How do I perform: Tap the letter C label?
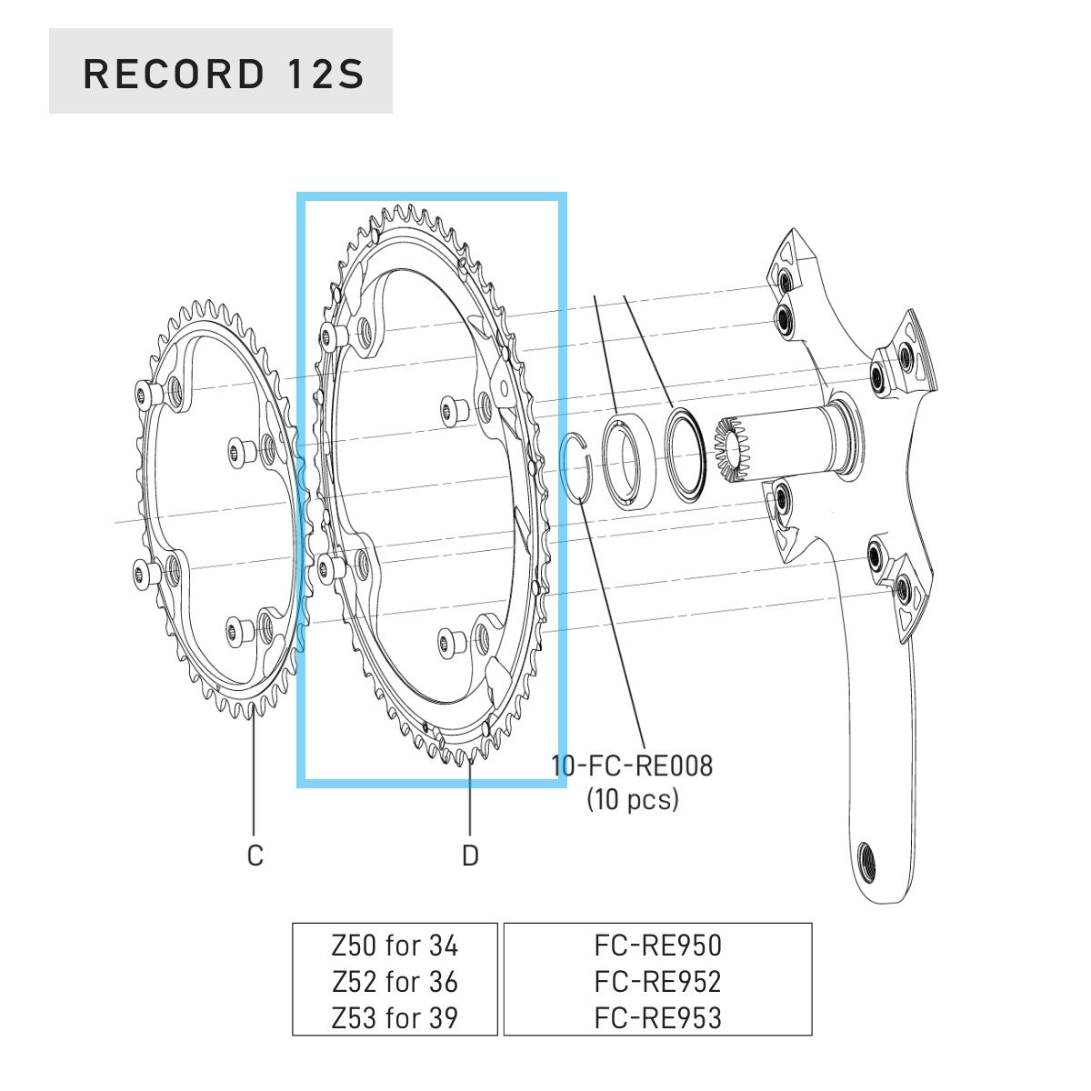click(255, 856)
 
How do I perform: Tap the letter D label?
click(470, 856)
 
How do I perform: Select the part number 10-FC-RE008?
click(633, 766)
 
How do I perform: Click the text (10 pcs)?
click(633, 799)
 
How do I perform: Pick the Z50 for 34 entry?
click(395, 946)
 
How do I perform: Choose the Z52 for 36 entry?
click(395, 981)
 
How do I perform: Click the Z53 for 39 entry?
click(395, 1016)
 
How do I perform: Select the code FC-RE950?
click(657, 946)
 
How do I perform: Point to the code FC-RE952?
click(657, 981)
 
